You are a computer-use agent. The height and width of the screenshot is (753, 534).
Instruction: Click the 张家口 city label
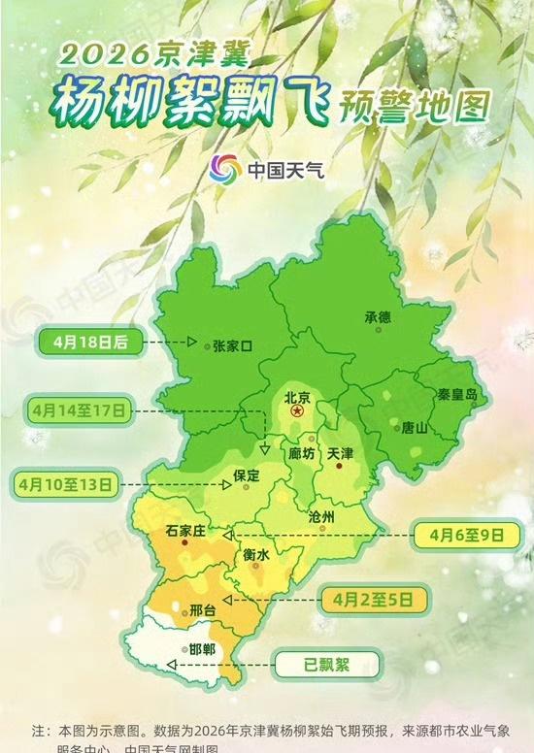[232, 345]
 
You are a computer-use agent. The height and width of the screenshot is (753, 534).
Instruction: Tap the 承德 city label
[377, 317]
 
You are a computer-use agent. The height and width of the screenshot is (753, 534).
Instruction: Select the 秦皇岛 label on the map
[457, 395]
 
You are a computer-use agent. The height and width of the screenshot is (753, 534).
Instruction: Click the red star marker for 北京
[298, 412]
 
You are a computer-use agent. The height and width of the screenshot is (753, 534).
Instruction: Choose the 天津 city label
[341, 453]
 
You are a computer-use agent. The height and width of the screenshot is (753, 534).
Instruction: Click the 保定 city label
[248, 475]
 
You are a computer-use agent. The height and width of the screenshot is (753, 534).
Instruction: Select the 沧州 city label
[320, 517]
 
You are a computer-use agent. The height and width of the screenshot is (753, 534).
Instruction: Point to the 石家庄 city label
[184, 532]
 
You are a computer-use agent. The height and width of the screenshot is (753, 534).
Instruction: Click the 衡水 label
[255, 554]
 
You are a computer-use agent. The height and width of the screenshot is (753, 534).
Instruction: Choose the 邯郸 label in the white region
[203, 649]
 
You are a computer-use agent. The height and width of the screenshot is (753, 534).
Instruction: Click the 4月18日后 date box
[93, 342]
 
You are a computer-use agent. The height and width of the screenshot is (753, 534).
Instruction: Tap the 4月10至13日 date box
[64, 481]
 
